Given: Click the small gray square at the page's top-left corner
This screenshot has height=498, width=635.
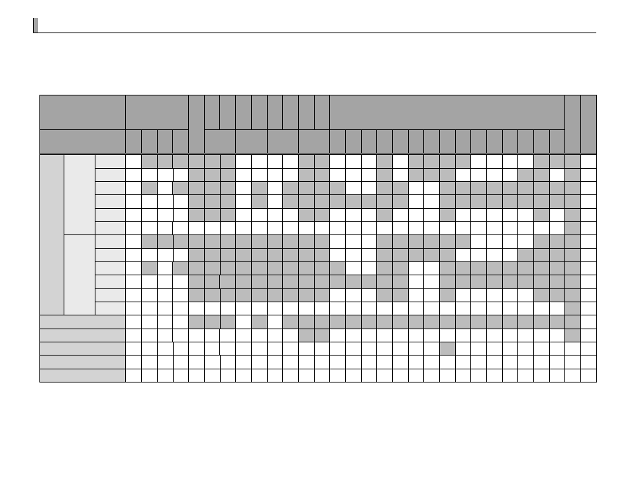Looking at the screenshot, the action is pyautogui.click(x=35, y=26).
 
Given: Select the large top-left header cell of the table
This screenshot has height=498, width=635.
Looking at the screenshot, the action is pyautogui.click(x=82, y=112).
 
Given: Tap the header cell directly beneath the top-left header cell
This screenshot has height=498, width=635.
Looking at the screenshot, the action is pyautogui.click(x=82, y=141).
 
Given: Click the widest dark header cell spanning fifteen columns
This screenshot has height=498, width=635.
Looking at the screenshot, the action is pyautogui.click(x=447, y=112).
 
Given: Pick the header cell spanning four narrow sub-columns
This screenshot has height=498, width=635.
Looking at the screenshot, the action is pyautogui.click(x=157, y=112).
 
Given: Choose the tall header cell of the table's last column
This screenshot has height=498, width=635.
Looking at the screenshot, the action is pyautogui.click(x=589, y=124).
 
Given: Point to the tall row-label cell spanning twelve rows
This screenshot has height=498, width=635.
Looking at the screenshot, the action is pyautogui.click(x=52, y=234).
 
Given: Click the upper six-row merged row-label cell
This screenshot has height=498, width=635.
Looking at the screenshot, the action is pyautogui.click(x=80, y=194).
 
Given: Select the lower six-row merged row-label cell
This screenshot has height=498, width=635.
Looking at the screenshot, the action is pyautogui.click(x=80, y=275).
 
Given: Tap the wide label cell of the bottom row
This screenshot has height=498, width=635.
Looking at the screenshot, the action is pyautogui.click(x=82, y=376).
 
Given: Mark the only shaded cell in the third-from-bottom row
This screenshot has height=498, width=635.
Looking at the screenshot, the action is pyautogui.click(x=447, y=349).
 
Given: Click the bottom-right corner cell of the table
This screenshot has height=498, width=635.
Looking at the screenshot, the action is pyautogui.click(x=589, y=376).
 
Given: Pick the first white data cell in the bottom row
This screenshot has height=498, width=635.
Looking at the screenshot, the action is pyautogui.click(x=134, y=376).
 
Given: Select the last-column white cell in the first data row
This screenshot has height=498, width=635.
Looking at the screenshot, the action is pyautogui.click(x=589, y=161).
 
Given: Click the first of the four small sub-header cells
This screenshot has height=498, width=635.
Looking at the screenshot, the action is pyautogui.click(x=134, y=141).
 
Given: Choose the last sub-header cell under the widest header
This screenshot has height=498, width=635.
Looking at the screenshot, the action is pyautogui.click(x=558, y=141).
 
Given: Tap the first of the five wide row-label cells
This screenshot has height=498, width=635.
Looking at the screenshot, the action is pyautogui.click(x=82, y=322).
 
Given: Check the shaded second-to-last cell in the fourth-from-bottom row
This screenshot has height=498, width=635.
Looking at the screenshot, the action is pyautogui.click(x=573, y=335).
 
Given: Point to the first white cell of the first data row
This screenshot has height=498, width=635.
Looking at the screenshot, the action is pyautogui.click(x=134, y=161).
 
